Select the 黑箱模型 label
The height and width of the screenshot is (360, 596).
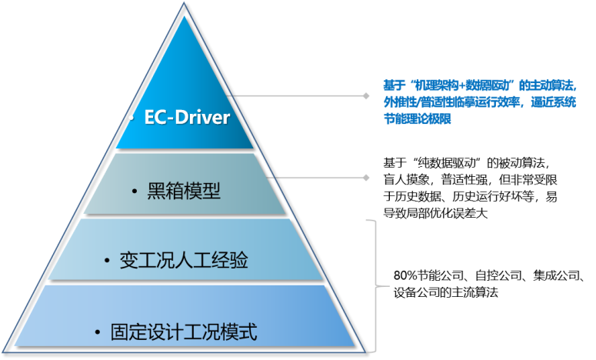click(x=184, y=190)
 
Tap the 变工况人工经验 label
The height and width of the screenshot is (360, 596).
click(x=184, y=261)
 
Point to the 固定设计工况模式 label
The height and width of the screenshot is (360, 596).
click(x=184, y=332)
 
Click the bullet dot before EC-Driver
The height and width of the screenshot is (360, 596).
click(x=132, y=119)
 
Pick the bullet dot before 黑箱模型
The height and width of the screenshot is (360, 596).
click(x=134, y=191)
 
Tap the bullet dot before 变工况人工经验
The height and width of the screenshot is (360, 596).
click(x=108, y=262)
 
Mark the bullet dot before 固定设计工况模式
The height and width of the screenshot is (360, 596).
click(x=98, y=333)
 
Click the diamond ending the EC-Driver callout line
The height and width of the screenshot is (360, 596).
click(x=367, y=96)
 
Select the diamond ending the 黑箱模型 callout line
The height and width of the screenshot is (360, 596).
click(x=367, y=178)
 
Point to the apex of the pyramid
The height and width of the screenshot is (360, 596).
click(x=184, y=4)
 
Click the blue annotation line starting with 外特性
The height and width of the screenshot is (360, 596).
click(x=479, y=102)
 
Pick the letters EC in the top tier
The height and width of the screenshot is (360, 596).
click(x=156, y=118)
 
